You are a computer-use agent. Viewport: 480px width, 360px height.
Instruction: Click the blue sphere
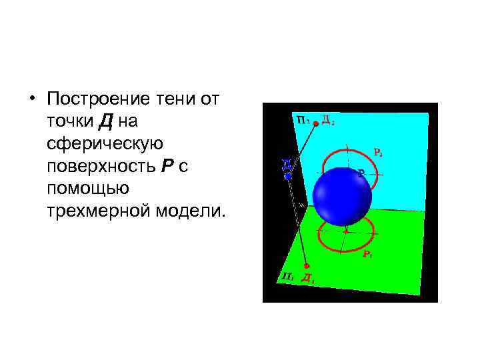(x=343, y=195)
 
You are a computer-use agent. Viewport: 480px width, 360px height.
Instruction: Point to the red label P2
(x=377, y=153)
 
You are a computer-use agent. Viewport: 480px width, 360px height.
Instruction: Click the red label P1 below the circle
(x=367, y=254)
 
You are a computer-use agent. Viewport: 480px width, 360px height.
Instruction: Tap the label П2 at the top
(x=303, y=120)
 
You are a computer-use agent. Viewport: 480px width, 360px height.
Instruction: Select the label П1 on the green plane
(x=287, y=276)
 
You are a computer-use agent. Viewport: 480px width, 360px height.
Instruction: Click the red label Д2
(x=328, y=120)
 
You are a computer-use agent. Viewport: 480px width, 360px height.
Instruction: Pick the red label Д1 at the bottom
(x=307, y=279)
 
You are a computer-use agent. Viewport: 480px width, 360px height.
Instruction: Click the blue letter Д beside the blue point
(x=285, y=164)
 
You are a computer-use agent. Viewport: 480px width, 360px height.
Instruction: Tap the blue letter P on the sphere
(x=361, y=173)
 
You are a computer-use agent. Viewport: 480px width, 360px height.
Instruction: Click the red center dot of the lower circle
(x=346, y=231)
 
